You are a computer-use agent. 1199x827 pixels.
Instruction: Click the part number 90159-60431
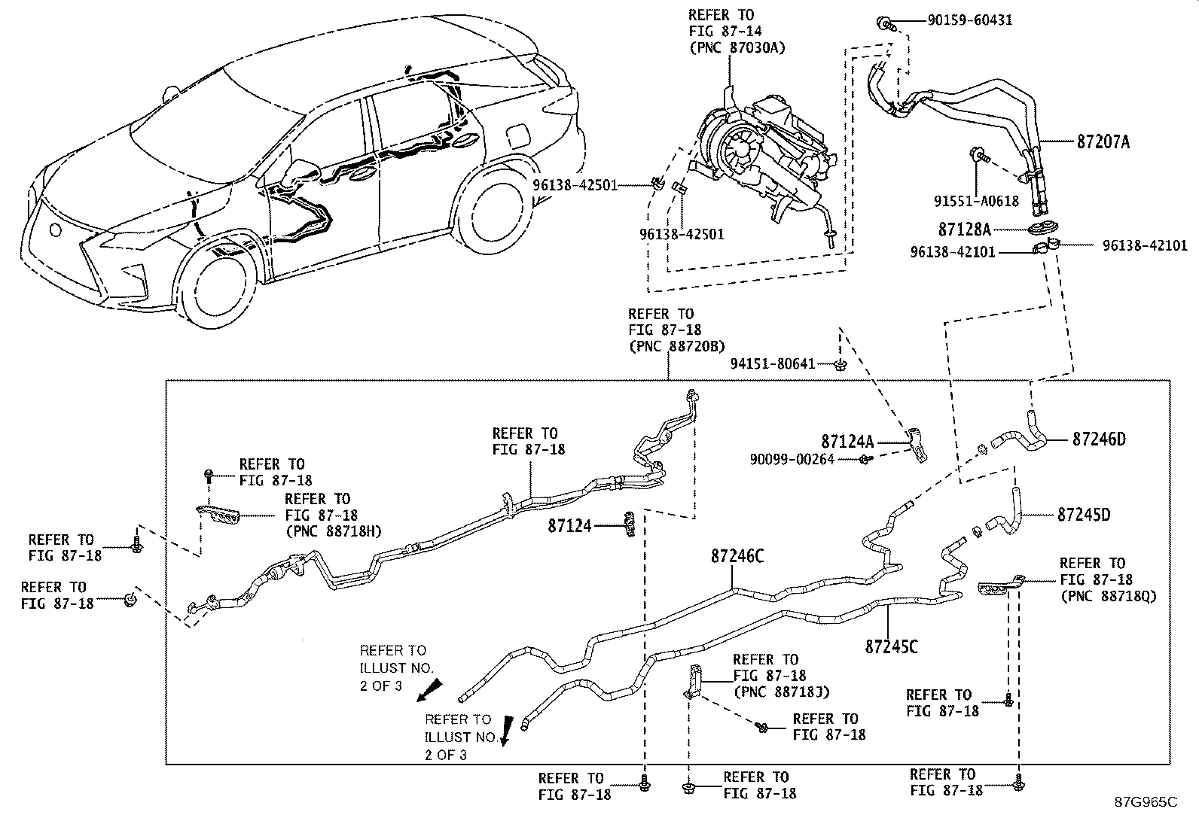969,21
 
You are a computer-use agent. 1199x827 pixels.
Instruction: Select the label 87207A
1103,141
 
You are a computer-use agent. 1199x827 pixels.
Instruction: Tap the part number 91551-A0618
976,201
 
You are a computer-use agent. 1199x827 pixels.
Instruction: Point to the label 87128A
965,230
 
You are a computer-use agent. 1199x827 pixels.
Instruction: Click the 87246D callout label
1099,439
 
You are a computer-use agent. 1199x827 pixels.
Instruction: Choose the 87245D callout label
1084,515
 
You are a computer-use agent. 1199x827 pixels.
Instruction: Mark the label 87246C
737,556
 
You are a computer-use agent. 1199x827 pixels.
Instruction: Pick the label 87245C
891,646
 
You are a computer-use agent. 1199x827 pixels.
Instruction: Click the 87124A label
847,441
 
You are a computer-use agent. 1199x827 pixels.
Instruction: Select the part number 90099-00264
792,460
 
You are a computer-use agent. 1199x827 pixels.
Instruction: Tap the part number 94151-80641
773,363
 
